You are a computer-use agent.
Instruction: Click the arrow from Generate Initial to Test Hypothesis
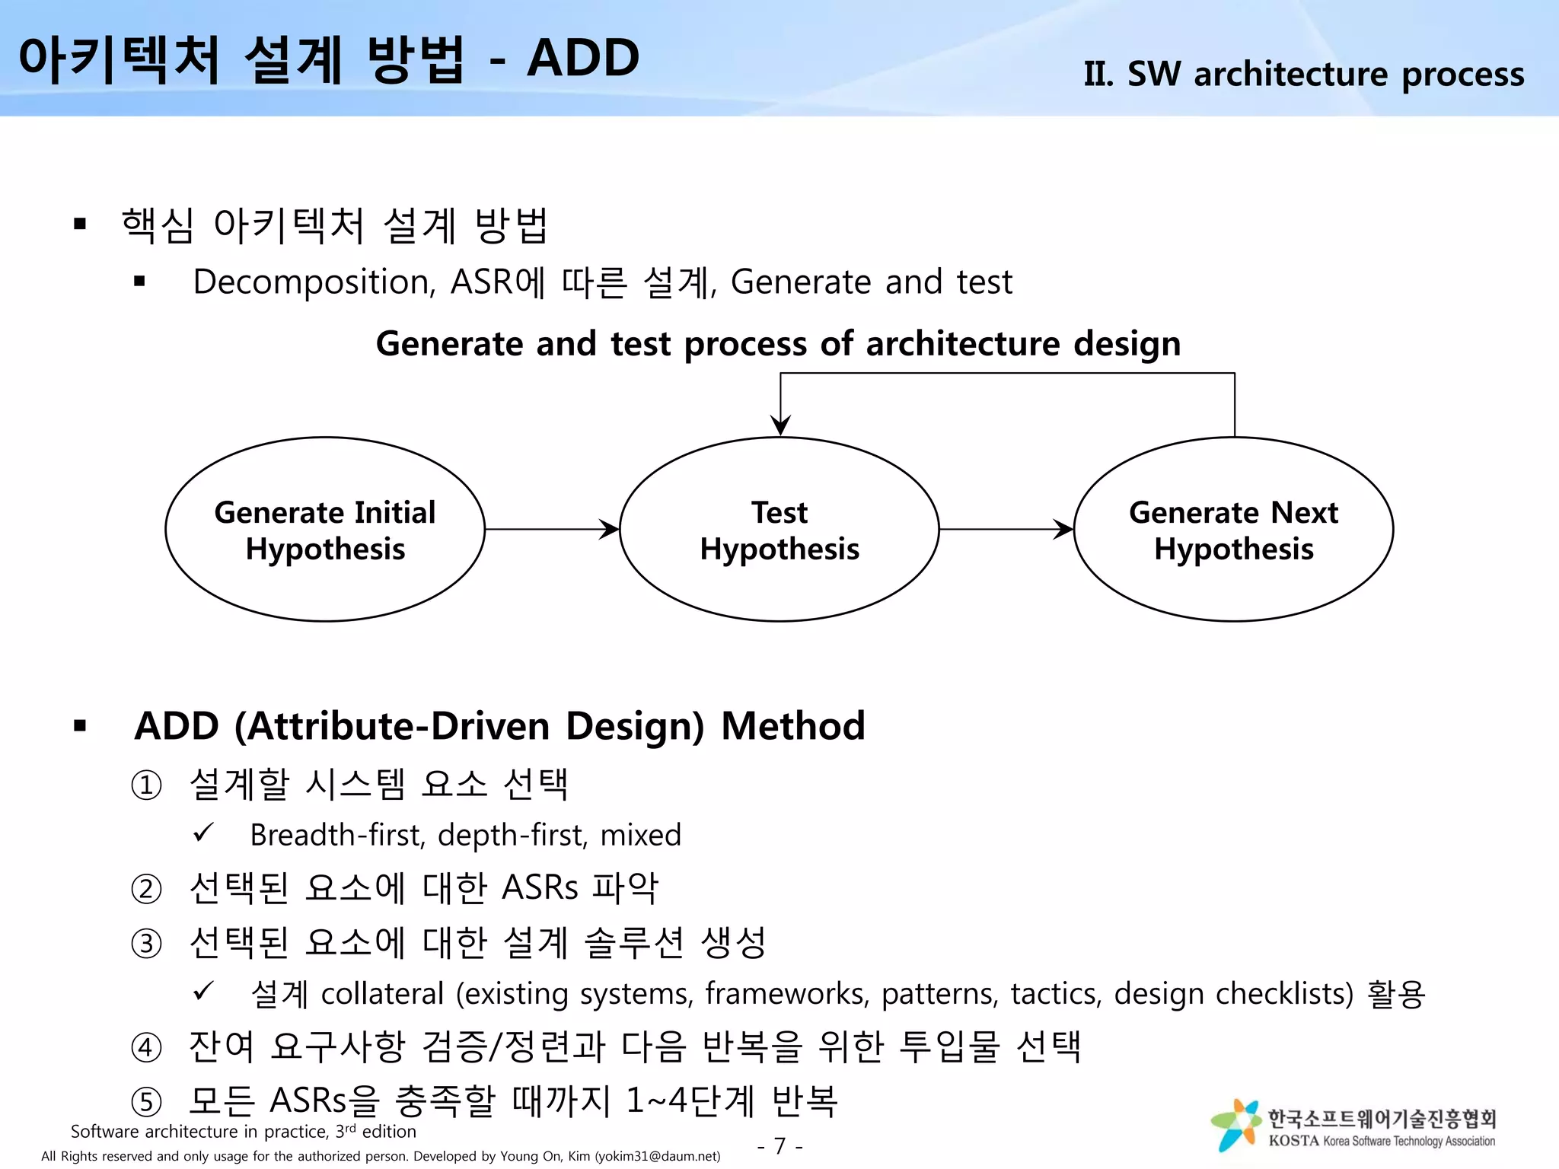click(552, 529)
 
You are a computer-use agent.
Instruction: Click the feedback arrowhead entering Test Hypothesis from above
click(780, 425)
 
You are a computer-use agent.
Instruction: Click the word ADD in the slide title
click(583, 59)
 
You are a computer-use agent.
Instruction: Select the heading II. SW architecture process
click(1303, 74)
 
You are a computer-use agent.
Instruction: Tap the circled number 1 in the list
click(146, 785)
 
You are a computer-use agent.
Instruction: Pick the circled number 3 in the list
click(146, 944)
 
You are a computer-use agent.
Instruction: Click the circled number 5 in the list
click(146, 1102)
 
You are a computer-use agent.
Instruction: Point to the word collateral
click(382, 994)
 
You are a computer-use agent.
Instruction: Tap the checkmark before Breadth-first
click(203, 833)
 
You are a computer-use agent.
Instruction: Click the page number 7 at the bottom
click(779, 1145)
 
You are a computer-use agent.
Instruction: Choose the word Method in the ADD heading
click(792, 725)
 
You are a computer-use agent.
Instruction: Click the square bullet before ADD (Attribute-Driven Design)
click(80, 726)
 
